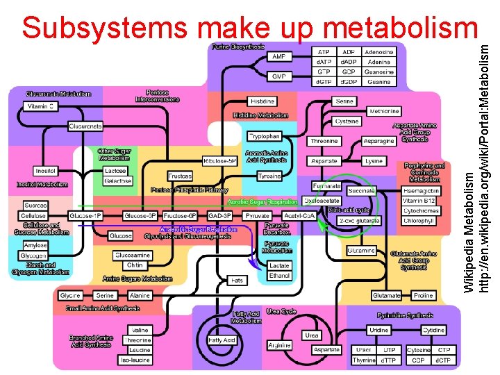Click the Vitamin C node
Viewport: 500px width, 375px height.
tap(40, 106)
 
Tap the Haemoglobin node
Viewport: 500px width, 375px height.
tap(421, 190)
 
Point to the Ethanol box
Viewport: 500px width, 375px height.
tap(280, 276)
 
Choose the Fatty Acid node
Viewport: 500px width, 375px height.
tap(222, 340)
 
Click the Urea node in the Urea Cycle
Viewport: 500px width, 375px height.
tap(312, 335)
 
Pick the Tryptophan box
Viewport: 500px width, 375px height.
tap(265, 137)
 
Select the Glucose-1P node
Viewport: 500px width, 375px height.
tap(88, 216)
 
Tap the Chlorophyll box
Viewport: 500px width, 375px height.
tap(421, 221)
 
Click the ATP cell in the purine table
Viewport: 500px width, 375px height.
tap(324, 52)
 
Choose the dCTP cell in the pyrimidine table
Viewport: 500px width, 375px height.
tap(442, 360)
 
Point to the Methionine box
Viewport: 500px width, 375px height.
tap(384, 111)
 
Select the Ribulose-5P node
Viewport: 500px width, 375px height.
tap(219, 161)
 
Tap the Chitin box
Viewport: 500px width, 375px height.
tap(135, 265)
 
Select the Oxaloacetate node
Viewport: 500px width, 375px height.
tap(321, 201)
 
